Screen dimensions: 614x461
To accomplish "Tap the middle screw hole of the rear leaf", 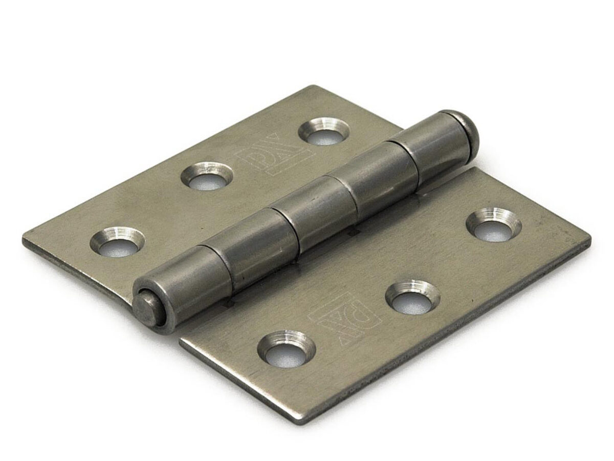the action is click(x=207, y=176).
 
